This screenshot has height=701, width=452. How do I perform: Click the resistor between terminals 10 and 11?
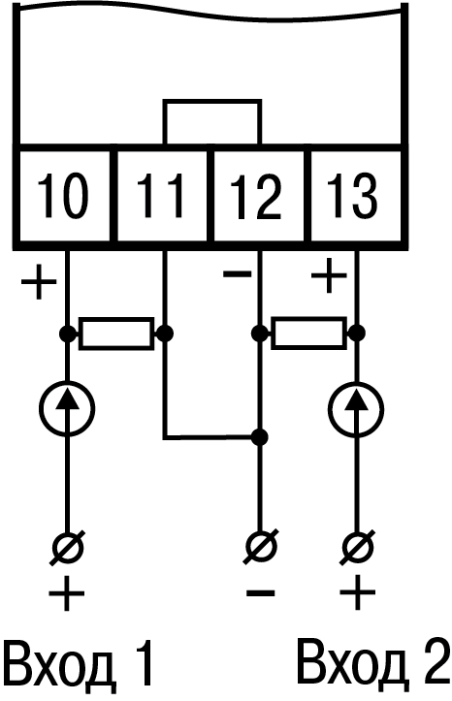click(x=116, y=334)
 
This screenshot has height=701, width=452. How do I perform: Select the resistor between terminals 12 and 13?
click(x=309, y=334)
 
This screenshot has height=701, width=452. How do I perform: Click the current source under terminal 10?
click(x=68, y=408)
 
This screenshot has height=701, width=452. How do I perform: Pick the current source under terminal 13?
click(x=356, y=408)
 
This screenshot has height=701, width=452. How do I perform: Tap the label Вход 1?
click(x=80, y=665)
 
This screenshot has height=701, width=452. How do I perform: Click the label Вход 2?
click(x=372, y=664)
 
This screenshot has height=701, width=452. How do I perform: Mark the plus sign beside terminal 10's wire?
click(x=40, y=281)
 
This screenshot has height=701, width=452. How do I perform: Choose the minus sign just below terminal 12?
click(x=238, y=273)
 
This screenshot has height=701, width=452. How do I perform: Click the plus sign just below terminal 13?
click(x=329, y=275)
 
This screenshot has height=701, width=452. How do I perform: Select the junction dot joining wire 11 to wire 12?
click(x=259, y=436)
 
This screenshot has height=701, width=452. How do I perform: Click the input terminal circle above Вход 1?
click(x=68, y=546)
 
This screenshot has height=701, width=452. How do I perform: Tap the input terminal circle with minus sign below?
click(x=260, y=546)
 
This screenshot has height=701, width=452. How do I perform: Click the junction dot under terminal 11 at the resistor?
click(x=165, y=334)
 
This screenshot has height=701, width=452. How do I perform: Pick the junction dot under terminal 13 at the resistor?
click(x=356, y=334)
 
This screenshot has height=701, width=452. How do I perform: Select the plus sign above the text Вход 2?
click(x=357, y=593)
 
